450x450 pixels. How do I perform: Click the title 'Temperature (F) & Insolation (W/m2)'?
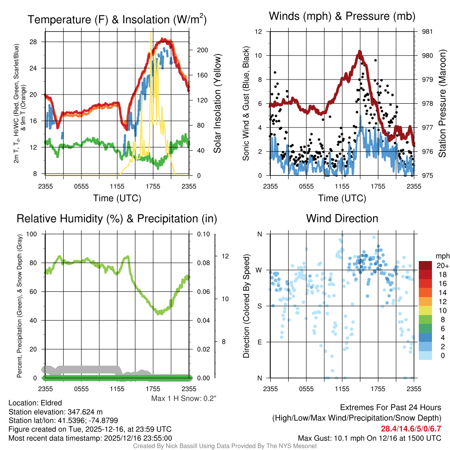pos(117,19)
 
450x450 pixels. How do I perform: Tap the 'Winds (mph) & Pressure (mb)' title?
pos(342,16)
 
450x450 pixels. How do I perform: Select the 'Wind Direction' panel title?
pos(342,218)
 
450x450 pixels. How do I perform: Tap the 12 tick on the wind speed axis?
pos(259,32)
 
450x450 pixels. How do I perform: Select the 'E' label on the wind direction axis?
pos(259,342)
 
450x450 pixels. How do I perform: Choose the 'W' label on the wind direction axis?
pos(259,270)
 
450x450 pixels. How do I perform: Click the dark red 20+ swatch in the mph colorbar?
pos(426,265)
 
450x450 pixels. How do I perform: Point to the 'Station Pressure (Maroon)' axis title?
pos(443,104)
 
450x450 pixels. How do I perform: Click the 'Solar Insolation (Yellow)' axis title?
pos(218,104)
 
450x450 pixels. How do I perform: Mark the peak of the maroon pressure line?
pos(359,52)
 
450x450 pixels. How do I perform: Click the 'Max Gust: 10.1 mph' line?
pos(369,438)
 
